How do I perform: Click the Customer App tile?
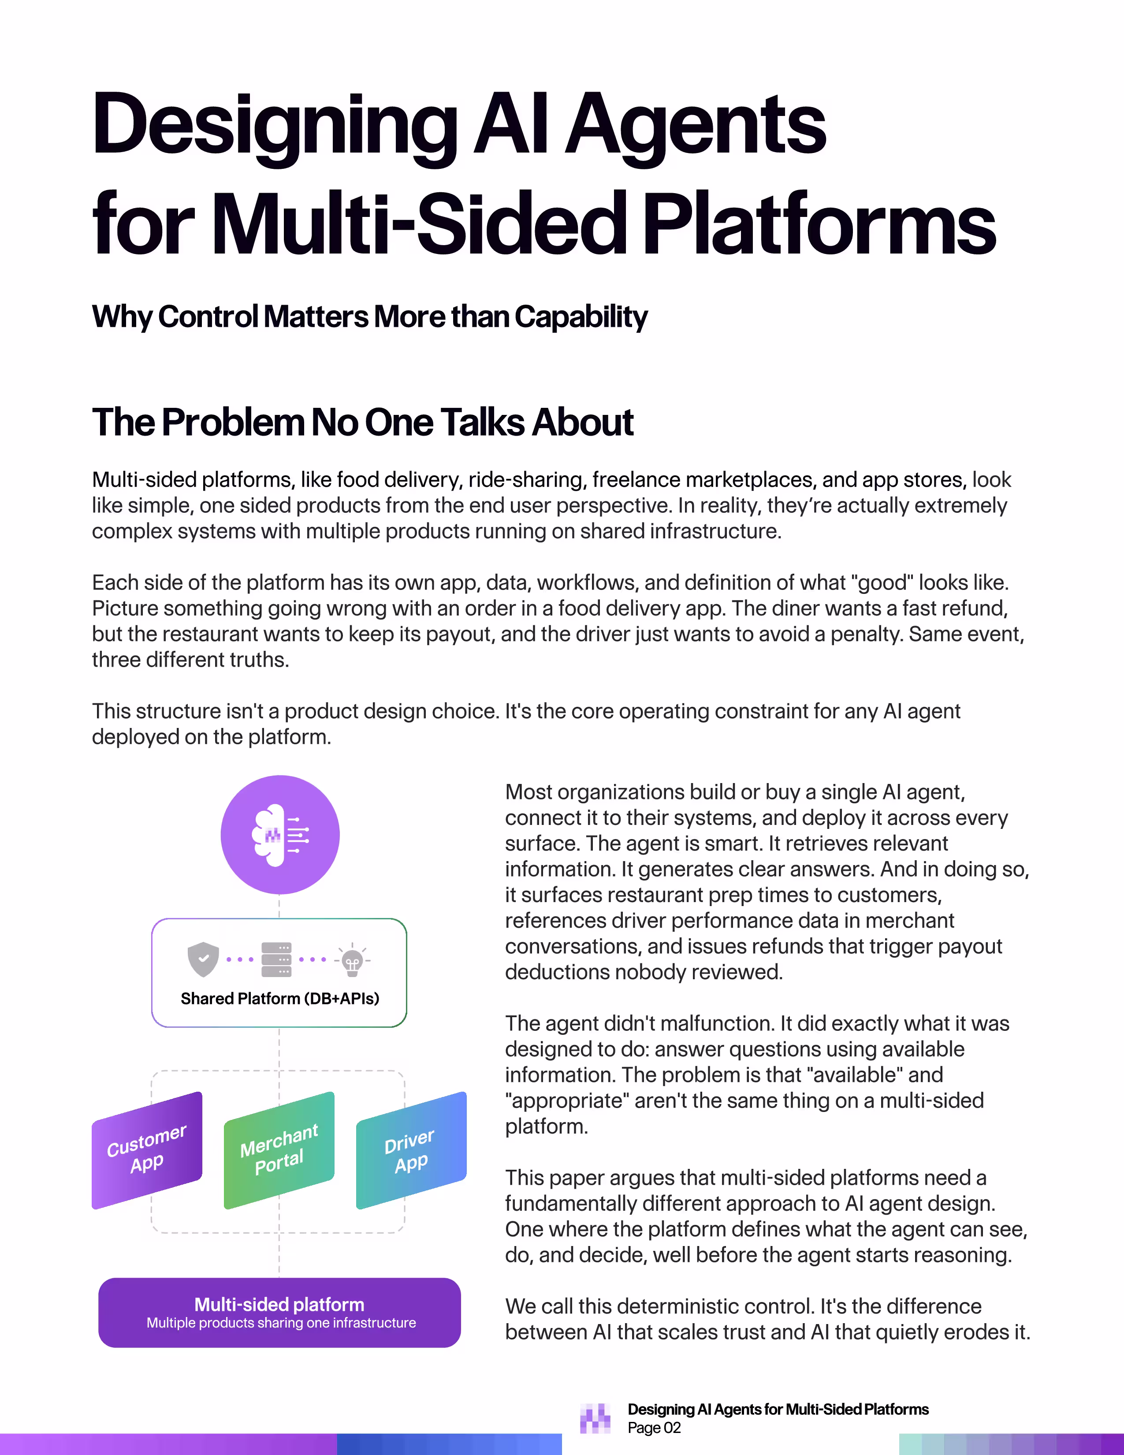pyautogui.click(x=146, y=1150)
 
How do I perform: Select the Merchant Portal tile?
pyautogui.click(x=279, y=1150)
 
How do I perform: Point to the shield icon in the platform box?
pyautogui.click(x=204, y=959)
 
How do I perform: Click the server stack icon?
pyautogui.click(x=276, y=959)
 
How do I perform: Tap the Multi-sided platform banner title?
pyautogui.click(x=279, y=1305)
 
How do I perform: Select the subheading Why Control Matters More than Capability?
pyautogui.click(x=369, y=317)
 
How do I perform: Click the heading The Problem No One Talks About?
pyautogui.click(x=362, y=422)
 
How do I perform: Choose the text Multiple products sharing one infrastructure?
pyautogui.click(x=281, y=1323)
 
